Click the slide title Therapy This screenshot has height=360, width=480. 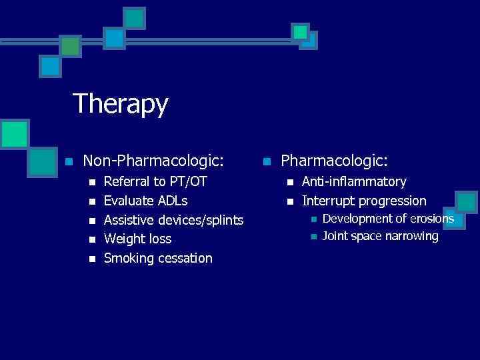coord(120,104)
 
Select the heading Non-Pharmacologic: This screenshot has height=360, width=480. coord(153,161)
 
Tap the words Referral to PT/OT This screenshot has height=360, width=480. coord(155,181)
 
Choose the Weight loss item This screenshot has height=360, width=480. coord(138,239)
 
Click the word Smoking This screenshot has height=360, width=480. coord(129,259)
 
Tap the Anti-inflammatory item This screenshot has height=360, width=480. coord(354,181)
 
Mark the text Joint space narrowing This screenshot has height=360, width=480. coord(380,236)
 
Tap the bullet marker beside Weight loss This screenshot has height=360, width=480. coord(91,239)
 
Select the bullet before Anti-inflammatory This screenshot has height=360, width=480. coord(289,182)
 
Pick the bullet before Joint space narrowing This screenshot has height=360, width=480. coord(311,237)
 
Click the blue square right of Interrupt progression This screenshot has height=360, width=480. coord(466,201)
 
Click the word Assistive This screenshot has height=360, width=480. coord(129,220)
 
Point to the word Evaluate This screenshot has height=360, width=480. coord(129,201)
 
